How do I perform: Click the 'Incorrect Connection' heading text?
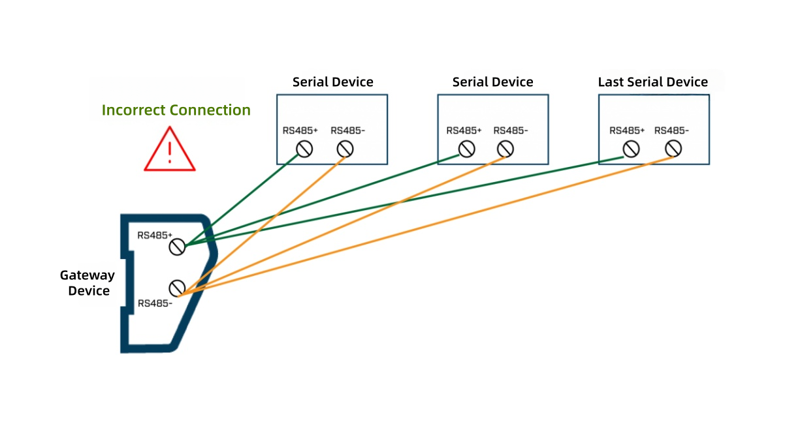tap(176, 110)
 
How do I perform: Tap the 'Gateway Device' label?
tap(88, 283)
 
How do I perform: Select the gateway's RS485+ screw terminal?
tap(176, 247)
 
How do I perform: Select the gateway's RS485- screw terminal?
tap(176, 288)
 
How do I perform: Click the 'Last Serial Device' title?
tap(652, 82)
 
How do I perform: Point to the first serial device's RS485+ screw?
tap(304, 149)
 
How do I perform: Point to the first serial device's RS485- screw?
tap(345, 149)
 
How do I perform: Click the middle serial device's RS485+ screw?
tap(466, 149)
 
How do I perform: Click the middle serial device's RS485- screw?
tap(505, 149)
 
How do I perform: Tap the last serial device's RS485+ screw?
tap(630, 149)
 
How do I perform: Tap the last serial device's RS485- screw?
tap(673, 149)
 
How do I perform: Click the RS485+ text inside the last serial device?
tap(627, 130)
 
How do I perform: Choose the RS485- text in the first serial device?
tap(347, 130)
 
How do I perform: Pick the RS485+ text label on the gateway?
tap(155, 235)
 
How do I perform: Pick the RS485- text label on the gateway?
tap(155, 303)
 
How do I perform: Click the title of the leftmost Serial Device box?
tap(332, 82)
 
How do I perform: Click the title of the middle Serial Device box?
tap(492, 82)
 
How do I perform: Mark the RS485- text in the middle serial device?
tap(510, 130)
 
